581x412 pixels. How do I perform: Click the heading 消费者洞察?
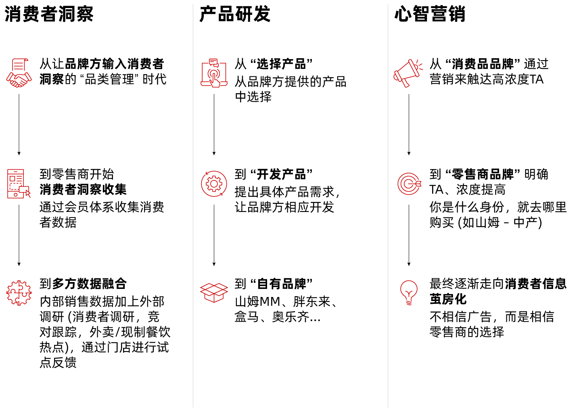coord(49,15)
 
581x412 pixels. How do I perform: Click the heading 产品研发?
coord(234,15)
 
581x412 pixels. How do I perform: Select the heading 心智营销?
coord(430,15)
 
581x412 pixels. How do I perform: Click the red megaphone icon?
coord(408,73)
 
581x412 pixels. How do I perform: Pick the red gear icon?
coord(214,184)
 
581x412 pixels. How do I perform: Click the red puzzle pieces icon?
coord(19,293)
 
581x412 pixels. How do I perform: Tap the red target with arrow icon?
coord(409,184)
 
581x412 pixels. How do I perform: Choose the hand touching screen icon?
coord(214,73)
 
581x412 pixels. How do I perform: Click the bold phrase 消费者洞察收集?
coord(83,189)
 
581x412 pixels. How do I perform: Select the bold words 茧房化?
coord(448,299)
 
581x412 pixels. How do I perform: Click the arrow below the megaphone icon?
coord(409,125)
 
